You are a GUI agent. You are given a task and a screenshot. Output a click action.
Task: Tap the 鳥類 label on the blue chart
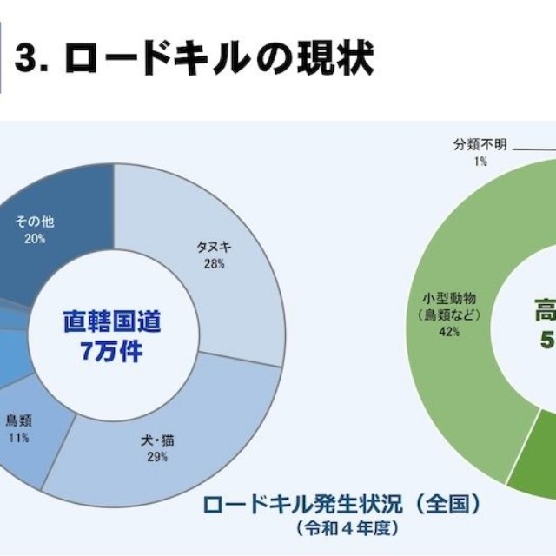pyautogui.click(x=17, y=420)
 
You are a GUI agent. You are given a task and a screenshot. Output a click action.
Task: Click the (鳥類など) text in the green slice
pyautogui.click(x=448, y=314)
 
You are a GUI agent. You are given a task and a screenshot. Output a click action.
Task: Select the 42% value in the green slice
pyautogui.click(x=448, y=332)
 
